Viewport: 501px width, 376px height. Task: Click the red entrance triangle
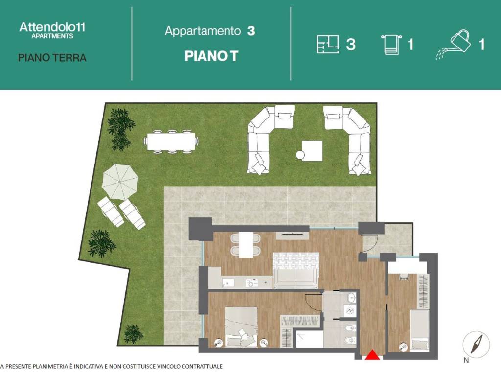point(372,355)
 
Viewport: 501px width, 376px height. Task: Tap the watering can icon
point(454,45)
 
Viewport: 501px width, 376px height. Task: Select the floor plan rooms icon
point(327,44)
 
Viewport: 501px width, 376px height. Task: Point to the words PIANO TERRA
point(52,58)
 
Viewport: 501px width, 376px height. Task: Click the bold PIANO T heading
point(211,56)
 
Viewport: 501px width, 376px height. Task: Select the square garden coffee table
point(312,151)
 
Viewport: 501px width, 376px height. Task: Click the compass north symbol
point(476,345)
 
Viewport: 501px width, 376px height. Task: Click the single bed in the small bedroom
point(419,330)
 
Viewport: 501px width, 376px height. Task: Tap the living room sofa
point(296,270)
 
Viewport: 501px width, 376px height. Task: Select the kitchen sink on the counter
point(228,283)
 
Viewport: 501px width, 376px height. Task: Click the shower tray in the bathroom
point(309,339)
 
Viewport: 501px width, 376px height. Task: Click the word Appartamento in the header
point(203,31)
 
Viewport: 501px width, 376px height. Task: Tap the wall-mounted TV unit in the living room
point(292,235)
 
